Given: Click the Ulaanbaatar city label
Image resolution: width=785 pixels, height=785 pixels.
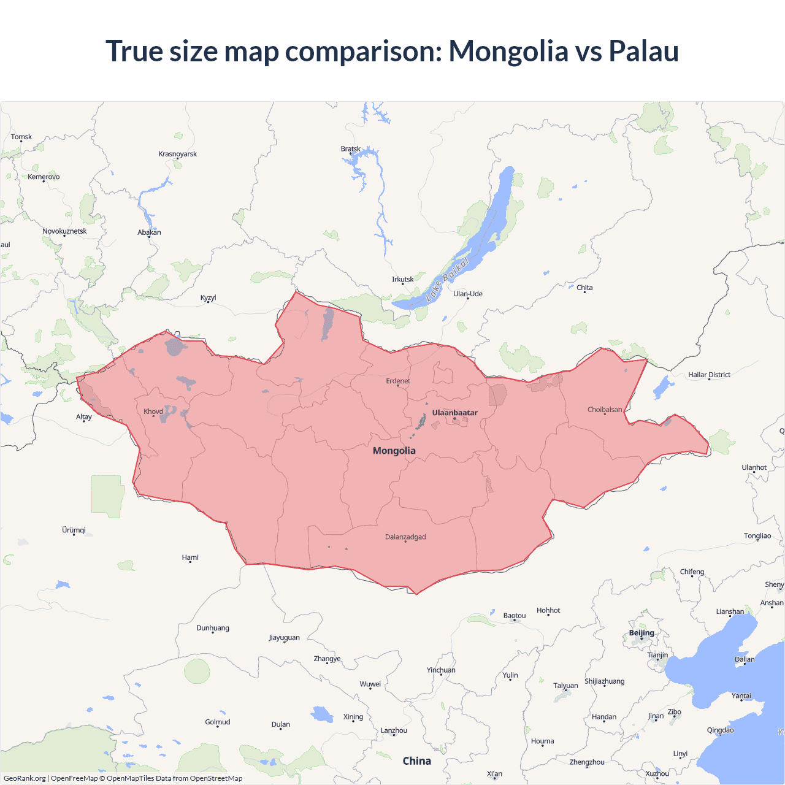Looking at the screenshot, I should pos(454,413).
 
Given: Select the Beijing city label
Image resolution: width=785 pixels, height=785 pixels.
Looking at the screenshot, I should pos(641,633).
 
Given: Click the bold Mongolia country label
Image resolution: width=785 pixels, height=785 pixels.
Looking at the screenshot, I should pos(394,451).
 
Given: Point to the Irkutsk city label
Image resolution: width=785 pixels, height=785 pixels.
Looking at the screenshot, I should pos(403,280).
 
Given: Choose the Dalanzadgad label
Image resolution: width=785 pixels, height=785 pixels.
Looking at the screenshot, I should pos(405,537).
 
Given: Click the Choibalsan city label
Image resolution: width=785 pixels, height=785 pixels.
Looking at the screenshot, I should pos(605,410).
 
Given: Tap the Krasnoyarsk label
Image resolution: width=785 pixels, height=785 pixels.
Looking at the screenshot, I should pos(178,154).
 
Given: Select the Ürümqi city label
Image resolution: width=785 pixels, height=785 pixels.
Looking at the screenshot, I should pos(74,530).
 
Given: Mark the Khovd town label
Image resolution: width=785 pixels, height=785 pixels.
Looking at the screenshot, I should pos(153,412).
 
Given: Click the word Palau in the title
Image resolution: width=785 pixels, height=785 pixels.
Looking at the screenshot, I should pos(643,51).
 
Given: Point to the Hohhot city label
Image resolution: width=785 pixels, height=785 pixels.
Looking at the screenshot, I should pos(548,611).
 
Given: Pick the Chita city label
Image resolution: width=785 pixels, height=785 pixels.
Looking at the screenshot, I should pos(584,288).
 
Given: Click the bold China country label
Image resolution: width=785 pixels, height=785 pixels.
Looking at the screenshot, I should pos(417,761).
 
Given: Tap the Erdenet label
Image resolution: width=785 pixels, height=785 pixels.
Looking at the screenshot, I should pos(398,381).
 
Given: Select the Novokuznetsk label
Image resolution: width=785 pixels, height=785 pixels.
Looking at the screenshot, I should pos(64,231).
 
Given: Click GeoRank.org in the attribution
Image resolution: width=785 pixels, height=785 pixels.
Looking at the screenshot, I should pos(25,778).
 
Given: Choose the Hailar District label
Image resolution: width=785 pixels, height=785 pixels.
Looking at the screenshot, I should pos(709,375).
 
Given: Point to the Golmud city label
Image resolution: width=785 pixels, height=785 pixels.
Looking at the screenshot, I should pos(218,722).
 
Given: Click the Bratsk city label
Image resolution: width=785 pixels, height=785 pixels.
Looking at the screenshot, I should pos(351,149).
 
